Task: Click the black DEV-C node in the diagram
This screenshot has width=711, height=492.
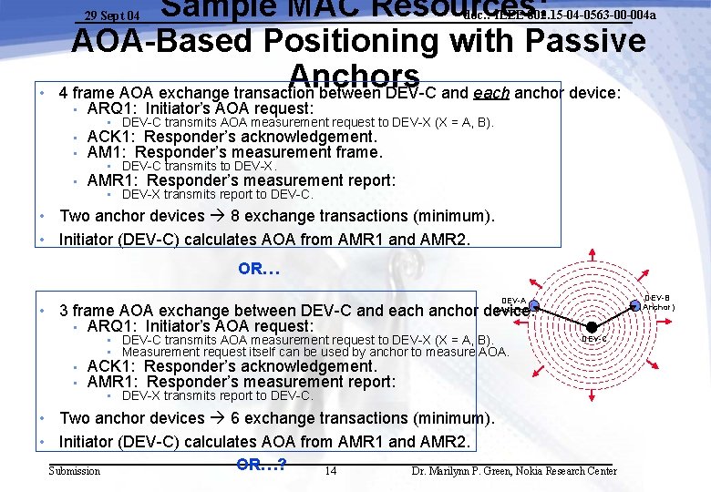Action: click(592, 326)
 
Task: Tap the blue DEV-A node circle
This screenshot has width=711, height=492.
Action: click(535, 306)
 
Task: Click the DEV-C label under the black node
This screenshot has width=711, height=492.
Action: click(593, 339)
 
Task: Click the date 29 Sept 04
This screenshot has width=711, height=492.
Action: click(112, 15)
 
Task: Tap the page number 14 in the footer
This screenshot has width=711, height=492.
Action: click(330, 471)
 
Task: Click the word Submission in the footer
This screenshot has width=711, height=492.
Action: click(75, 471)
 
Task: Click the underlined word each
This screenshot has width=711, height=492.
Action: click(490, 92)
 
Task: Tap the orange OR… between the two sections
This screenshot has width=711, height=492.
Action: click(259, 269)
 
